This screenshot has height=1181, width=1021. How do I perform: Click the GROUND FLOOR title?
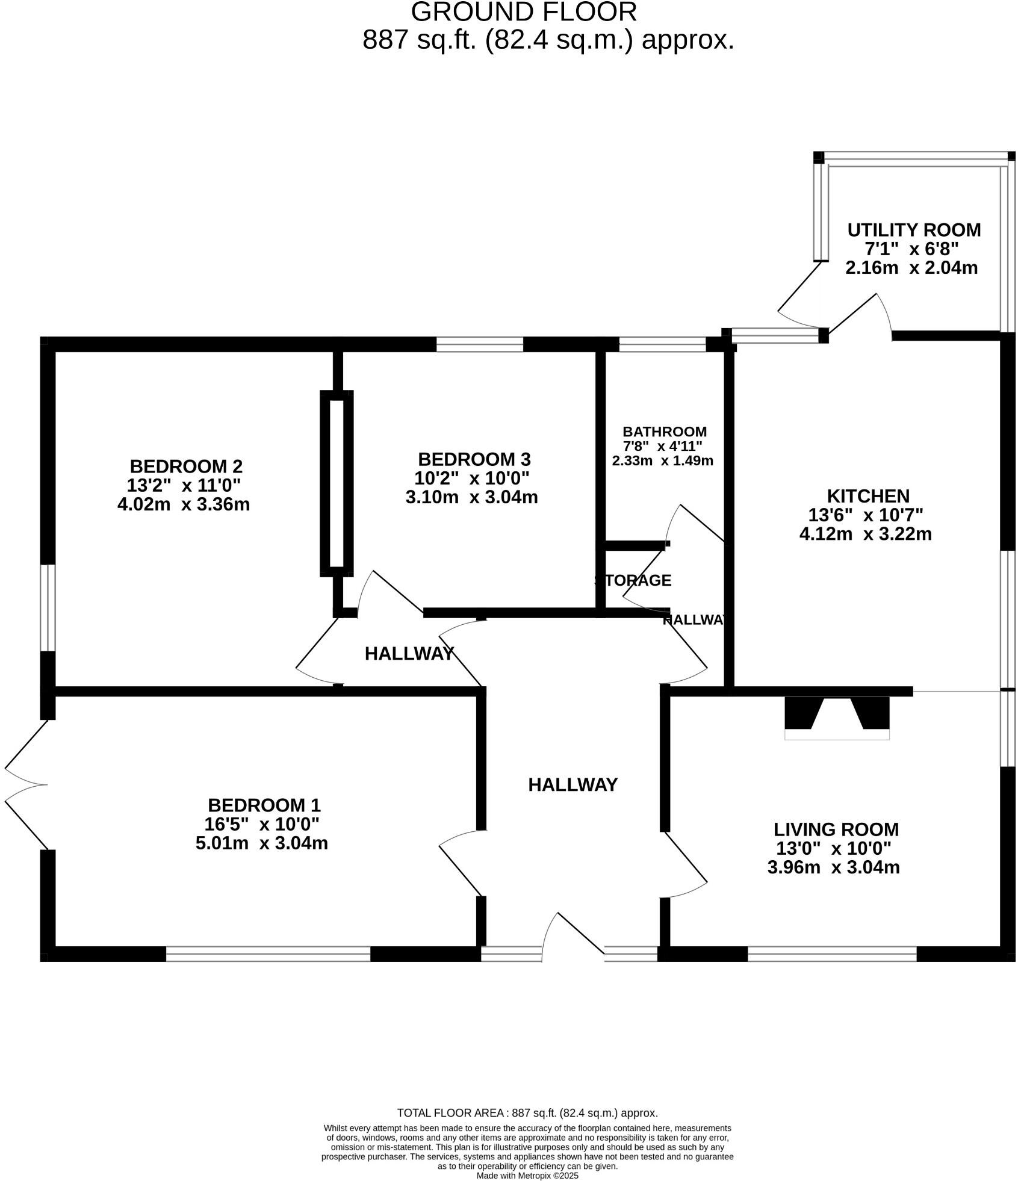click(523, 12)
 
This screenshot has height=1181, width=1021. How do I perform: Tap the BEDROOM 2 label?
click(186, 467)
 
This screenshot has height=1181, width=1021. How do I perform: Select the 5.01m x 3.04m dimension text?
click(261, 843)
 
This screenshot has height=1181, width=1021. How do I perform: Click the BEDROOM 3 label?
click(474, 460)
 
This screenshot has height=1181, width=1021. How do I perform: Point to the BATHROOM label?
click(664, 432)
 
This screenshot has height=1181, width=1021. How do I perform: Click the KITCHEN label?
click(867, 497)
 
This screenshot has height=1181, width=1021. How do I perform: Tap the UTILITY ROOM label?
click(913, 230)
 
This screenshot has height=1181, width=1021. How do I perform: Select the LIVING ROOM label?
click(836, 829)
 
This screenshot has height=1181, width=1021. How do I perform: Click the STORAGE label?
click(633, 580)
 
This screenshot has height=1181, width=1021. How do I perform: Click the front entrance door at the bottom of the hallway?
click(573, 937)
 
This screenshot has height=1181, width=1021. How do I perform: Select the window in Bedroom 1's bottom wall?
click(268, 953)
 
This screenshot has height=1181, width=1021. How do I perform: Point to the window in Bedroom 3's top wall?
click(479, 344)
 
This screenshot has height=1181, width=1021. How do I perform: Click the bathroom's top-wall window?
click(662, 344)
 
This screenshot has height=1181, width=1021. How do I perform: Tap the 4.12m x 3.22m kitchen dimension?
click(865, 535)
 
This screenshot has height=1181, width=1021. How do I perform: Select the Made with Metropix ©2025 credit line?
click(527, 1175)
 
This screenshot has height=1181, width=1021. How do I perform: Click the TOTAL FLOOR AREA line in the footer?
click(527, 1113)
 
